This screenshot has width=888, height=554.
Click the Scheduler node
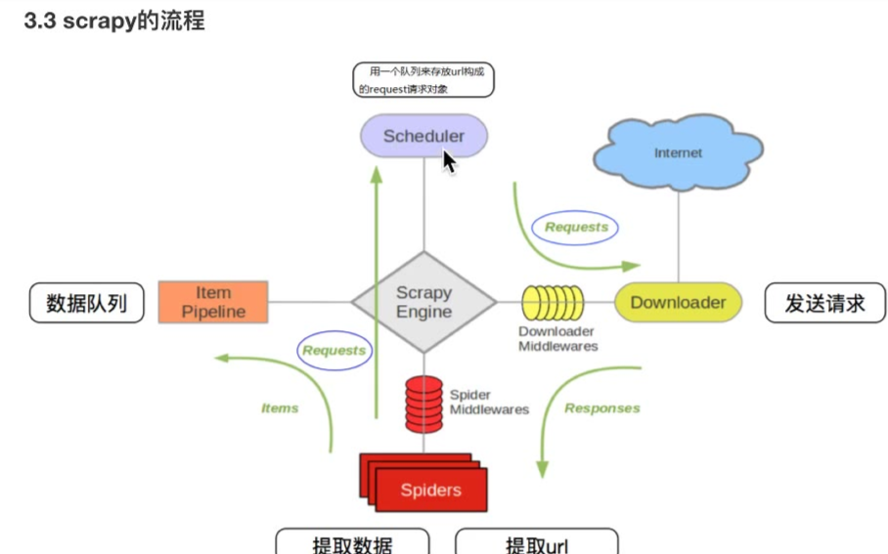pyautogui.click(x=422, y=136)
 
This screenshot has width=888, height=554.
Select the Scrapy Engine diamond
pyautogui.click(x=423, y=302)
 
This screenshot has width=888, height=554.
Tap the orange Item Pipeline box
pyautogui.click(x=212, y=302)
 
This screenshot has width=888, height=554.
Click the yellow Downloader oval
pyautogui.click(x=678, y=302)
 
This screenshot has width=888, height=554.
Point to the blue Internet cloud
pyautogui.click(x=678, y=153)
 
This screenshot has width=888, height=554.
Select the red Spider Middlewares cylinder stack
pyautogui.click(x=423, y=403)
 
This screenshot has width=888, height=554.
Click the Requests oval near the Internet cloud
pyautogui.click(x=576, y=228)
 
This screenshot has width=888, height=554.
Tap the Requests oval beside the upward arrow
pyautogui.click(x=333, y=350)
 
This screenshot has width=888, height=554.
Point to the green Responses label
pyautogui.click(x=601, y=408)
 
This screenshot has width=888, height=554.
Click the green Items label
pyautogui.click(x=280, y=408)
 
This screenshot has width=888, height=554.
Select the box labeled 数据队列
pyautogui.click(x=86, y=303)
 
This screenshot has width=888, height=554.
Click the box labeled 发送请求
pyautogui.click(x=824, y=303)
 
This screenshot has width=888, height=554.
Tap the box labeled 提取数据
pyautogui.click(x=352, y=542)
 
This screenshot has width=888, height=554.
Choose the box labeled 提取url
pyautogui.click(x=536, y=542)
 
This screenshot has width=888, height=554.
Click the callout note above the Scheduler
pyautogui.click(x=422, y=80)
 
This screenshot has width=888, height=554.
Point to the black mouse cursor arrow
pyautogui.click(x=449, y=161)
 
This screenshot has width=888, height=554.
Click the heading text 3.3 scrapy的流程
pyautogui.click(x=113, y=21)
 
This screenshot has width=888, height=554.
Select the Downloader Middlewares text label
pyautogui.click(x=557, y=339)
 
